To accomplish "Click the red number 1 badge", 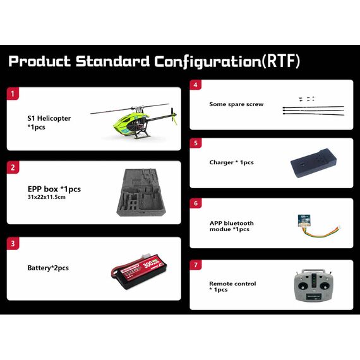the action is coord(13,93).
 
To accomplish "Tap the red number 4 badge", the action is coord(196,85).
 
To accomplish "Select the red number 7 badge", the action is coord(196,265).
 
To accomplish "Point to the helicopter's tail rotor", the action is coord(173,116).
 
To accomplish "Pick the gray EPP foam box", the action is coord(141,193).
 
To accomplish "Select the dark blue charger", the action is coord(314,163).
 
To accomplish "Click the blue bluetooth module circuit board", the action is coord(304,220).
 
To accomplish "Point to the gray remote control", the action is coord(313,285).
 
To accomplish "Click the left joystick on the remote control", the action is coord(303,286).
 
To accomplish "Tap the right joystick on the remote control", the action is coord(325,286).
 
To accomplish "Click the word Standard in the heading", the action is coord(112,61).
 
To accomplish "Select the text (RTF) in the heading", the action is coord(281,61).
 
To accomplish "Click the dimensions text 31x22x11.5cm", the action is coord(47,197).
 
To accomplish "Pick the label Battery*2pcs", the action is coord(48,268).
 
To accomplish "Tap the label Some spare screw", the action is coord(236,104).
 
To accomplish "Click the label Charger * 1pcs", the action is coord(231,162).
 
